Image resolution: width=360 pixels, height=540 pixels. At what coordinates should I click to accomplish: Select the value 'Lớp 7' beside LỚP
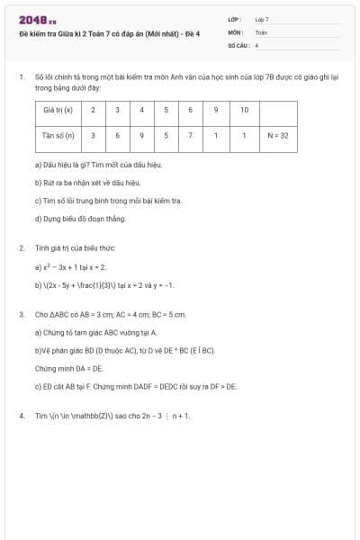[x=262, y=19]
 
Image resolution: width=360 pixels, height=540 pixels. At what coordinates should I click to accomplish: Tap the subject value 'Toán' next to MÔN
[x=261, y=31]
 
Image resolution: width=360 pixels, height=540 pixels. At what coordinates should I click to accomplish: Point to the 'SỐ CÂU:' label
[x=237, y=44]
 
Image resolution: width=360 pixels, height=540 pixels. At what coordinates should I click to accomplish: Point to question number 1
[x=21, y=78]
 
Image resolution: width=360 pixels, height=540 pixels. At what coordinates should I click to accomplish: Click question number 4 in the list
[x=21, y=416]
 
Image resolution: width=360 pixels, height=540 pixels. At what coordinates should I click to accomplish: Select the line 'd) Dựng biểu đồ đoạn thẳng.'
[x=79, y=218]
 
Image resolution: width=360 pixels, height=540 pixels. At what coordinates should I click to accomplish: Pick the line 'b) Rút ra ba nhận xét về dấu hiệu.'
[x=87, y=182]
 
